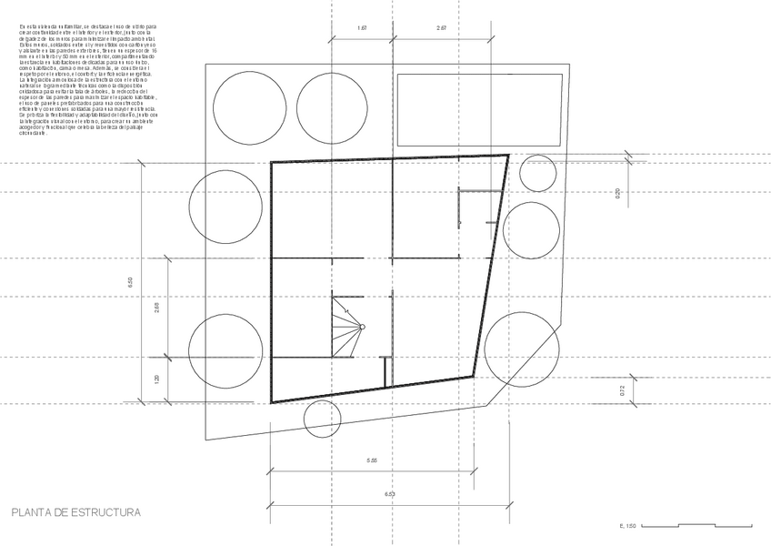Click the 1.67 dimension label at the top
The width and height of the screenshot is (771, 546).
point(362,28)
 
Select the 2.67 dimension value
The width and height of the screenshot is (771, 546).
point(442,28)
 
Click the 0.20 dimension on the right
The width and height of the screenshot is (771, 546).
point(617,192)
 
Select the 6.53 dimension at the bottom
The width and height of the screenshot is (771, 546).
point(389,494)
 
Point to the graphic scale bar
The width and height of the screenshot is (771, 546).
point(714,524)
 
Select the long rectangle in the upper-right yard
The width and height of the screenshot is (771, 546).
point(468,109)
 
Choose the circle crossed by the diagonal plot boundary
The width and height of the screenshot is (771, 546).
point(522,347)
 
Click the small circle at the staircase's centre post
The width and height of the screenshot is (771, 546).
point(362,327)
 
